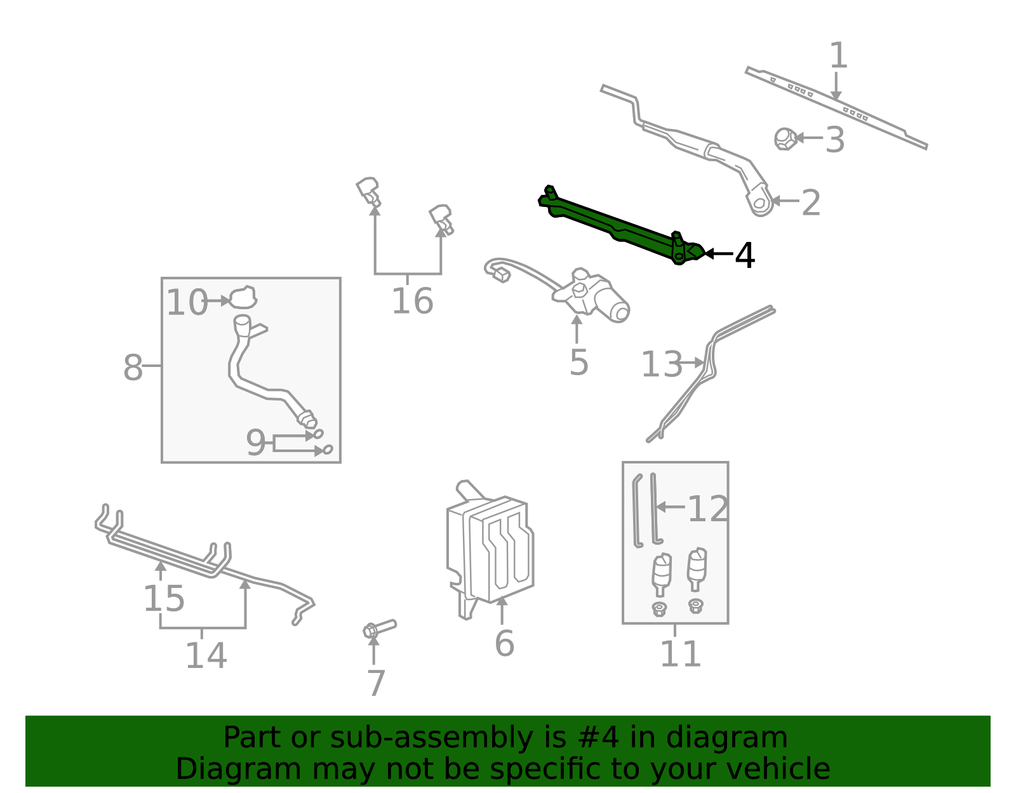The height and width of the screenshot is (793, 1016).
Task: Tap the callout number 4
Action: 744,256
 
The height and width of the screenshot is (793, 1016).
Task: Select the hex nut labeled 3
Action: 785,138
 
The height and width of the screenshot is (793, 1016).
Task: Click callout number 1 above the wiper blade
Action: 838,56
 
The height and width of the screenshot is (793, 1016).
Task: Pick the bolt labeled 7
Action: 378,629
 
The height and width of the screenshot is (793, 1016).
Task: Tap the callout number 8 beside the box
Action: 133,368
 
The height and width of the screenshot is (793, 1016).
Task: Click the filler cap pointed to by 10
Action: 242,297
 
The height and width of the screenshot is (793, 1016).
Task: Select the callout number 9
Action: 255,443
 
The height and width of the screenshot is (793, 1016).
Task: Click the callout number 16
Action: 412,301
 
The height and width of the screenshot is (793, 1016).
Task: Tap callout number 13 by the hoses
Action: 661,364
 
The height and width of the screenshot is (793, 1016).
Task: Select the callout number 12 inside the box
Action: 707,509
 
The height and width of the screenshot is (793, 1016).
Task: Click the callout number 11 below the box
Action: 680,654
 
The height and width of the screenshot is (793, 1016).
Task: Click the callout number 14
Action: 206,655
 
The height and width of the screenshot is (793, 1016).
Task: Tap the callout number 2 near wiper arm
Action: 810,203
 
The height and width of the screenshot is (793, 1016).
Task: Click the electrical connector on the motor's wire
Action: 501,275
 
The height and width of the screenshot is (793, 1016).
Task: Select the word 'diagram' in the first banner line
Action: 740,738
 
